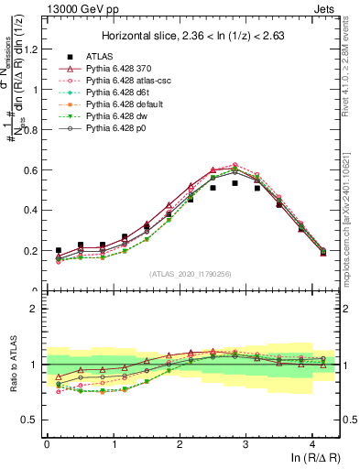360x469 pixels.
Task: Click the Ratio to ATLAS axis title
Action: [12, 365]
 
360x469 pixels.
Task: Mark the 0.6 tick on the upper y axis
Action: [32, 170]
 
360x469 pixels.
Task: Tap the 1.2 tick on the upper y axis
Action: [32, 49]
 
